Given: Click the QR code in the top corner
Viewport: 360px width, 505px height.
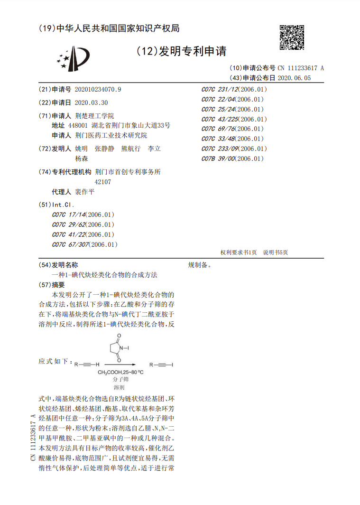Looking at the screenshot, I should click(x=291, y=37).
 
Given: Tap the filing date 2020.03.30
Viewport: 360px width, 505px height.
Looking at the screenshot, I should click(x=92, y=103).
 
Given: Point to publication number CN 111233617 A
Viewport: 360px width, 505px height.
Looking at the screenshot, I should click(x=301, y=68).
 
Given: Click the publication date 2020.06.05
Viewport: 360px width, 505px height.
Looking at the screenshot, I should click(x=294, y=78).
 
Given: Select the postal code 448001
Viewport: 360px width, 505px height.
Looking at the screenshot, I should click(x=78, y=125).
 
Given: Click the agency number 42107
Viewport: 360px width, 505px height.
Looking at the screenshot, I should click(x=103, y=182).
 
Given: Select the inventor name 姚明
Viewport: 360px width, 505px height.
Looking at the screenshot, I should click(x=82, y=149).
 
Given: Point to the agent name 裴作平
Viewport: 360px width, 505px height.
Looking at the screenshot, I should click(x=85, y=192).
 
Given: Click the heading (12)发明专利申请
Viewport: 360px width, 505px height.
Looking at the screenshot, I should click(x=181, y=51).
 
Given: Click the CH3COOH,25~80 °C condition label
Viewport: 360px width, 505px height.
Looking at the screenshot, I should click(x=120, y=373).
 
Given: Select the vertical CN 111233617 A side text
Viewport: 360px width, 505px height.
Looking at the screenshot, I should click(x=33, y=437).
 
